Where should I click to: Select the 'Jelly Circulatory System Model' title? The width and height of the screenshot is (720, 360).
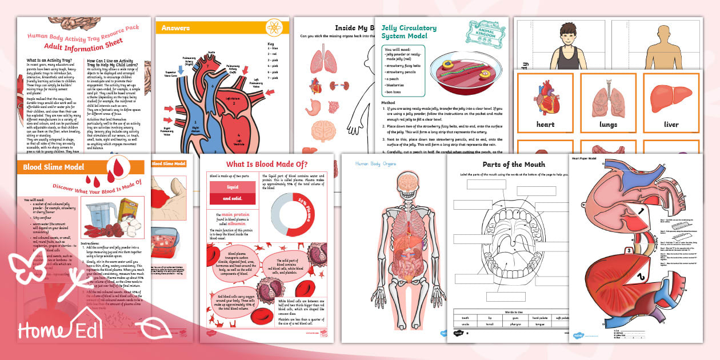[409, 32]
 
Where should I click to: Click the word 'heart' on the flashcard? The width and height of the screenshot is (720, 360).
[545, 124]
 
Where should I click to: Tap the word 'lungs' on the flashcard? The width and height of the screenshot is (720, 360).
[608, 124]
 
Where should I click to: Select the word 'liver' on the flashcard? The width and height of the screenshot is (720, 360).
[671, 124]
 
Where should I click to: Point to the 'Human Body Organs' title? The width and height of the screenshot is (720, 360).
[375, 164]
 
